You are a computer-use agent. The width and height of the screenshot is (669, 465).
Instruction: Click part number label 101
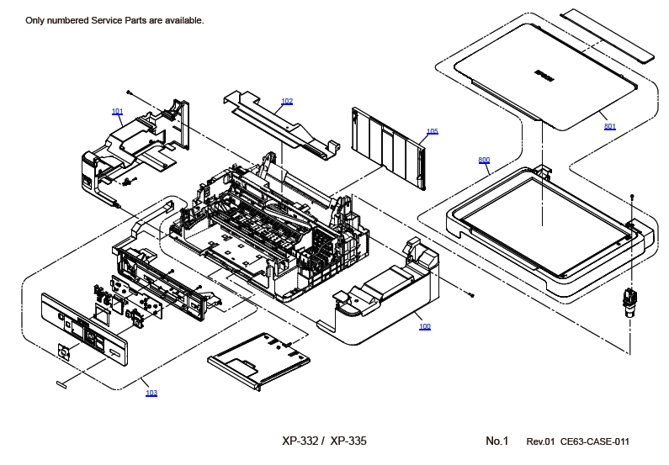[117, 111]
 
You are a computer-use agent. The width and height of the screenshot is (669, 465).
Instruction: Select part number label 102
[287, 101]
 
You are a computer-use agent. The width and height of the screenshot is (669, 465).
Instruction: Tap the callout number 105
[432, 131]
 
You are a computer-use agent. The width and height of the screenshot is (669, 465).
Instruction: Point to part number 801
[609, 126]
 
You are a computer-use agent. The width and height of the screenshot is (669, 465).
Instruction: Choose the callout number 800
[484, 160]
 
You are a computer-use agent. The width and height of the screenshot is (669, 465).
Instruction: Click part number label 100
[425, 326]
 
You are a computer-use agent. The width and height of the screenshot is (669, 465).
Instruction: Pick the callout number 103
[151, 393]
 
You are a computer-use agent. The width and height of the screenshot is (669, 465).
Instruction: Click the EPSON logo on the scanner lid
[545, 75]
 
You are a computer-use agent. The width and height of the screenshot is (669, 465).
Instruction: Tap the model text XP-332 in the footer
[300, 441]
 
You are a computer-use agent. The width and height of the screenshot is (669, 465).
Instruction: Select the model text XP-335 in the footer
[348, 441]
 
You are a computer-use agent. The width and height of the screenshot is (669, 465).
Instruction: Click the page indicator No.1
[497, 441]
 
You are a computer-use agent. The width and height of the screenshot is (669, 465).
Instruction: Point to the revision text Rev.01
[540, 441]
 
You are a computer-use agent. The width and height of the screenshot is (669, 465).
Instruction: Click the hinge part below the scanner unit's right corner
[629, 299]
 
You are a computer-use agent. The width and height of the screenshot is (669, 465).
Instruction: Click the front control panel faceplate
[84, 330]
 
